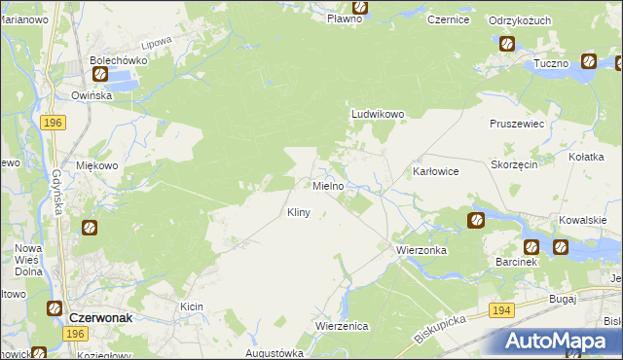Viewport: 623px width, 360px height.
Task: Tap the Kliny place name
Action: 299,212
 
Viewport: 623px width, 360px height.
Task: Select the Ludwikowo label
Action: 377,114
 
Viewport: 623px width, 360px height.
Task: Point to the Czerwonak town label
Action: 107,317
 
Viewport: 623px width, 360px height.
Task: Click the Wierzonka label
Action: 421,250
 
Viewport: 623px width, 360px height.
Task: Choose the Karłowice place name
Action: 435,170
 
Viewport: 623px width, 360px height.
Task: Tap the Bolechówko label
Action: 118,59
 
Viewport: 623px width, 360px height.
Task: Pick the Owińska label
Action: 92,95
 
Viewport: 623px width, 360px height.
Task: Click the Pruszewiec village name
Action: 516,126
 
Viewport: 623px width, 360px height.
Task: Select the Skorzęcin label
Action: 515,165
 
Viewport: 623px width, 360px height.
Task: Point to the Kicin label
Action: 191,306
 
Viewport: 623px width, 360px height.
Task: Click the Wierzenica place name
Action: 341,326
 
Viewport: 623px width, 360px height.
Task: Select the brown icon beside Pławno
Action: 359,5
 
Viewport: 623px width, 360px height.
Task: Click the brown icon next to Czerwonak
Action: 55,308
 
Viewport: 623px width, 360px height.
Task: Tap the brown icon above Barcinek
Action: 531,247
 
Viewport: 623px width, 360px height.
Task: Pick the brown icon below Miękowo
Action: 89,228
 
